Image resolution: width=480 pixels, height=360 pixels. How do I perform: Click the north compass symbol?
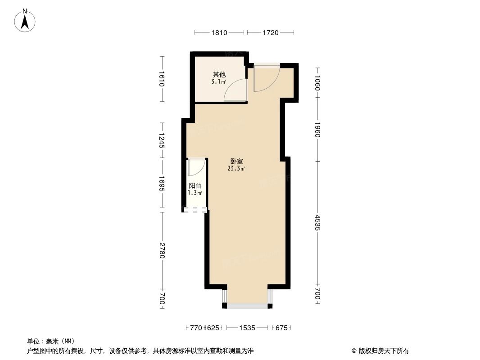tap(25, 20)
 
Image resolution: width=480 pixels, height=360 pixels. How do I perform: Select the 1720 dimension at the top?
tap(270, 32)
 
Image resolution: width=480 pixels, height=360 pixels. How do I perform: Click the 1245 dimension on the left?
tap(163, 141)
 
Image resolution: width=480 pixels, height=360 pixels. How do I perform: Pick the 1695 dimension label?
tap(163, 184)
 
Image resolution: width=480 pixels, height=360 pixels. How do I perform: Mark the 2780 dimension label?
tap(163, 250)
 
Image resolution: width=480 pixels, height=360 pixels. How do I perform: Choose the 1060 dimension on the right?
tap(317, 82)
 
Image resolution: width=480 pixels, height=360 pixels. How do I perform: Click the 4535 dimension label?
tap(317, 223)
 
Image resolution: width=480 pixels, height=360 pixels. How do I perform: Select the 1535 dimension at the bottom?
tap(247, 328)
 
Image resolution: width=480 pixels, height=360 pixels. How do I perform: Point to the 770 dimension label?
tap(195, 328)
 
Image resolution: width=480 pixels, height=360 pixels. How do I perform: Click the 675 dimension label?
tap(281, 328)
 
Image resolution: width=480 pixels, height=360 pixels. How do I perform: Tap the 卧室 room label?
tap(236, 161)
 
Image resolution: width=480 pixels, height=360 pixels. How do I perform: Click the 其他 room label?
tap(219, 75)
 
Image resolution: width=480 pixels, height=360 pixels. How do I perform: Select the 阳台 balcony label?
tap(195, 185)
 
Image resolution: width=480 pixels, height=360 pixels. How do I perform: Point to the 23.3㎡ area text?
tap(236, 169)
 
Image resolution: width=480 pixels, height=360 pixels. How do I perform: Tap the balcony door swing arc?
tap(196, 167)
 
